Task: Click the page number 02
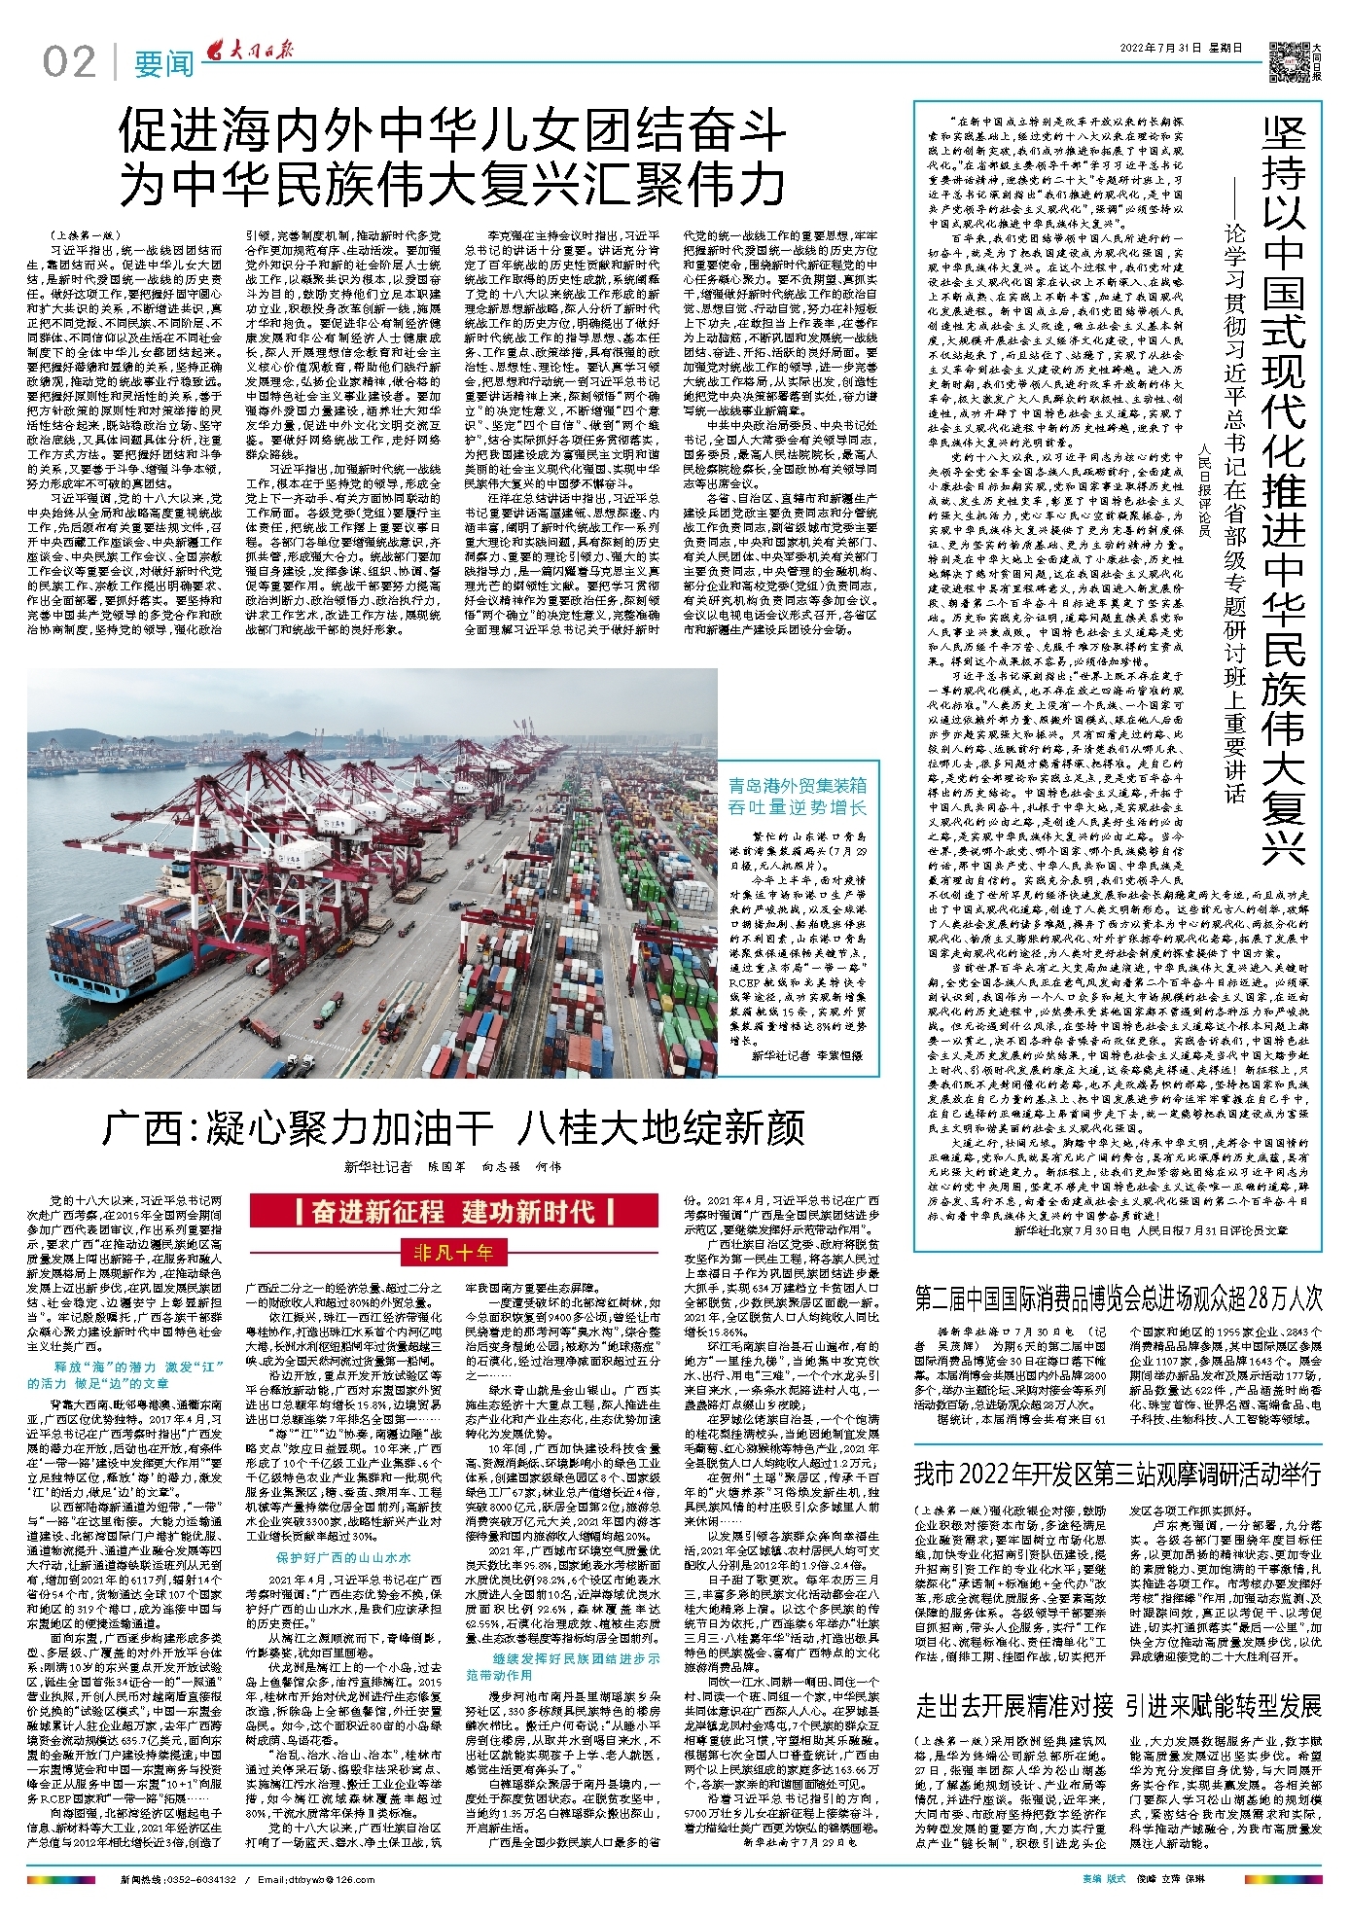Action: (69, 62)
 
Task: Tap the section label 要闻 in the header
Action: (163, 64)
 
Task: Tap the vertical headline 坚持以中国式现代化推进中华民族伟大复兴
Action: (1284, 486)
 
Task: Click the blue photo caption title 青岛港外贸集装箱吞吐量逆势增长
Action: (798, 797)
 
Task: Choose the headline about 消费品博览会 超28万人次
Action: (1119, 1297)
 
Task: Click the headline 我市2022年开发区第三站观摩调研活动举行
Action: (1119, 1475)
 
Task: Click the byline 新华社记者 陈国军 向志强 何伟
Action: (452, 1166)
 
